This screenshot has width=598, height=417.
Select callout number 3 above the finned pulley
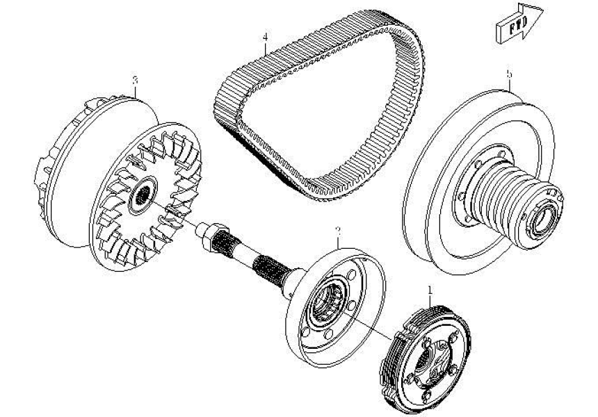135,80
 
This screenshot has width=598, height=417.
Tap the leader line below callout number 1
432,301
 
